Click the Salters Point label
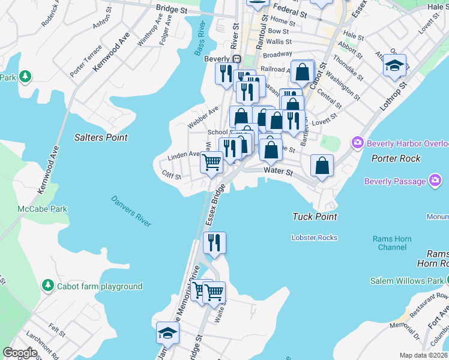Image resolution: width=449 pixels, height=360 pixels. [101, 137]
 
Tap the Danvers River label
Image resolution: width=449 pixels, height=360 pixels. [131, 211]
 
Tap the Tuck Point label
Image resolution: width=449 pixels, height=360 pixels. [315, 217]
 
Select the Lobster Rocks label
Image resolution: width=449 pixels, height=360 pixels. [315, 238]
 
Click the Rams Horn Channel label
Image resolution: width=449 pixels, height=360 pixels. [392, 243]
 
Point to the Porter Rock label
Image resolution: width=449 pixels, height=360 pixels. [396, 158]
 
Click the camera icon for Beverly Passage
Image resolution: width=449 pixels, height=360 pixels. [435, 181]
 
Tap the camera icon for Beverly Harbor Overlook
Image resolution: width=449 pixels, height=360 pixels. [358, 143]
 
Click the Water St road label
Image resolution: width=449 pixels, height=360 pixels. [278, 172]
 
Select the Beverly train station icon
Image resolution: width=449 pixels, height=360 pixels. [237, 59]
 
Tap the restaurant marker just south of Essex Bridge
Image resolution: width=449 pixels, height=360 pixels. [214, 243]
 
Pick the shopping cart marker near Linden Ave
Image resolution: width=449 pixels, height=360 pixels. [211, 161]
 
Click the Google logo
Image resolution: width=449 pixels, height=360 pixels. [20, 352]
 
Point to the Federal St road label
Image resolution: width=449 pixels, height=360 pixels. [291, 10]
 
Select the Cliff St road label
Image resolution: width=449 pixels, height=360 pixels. [172, 174]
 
